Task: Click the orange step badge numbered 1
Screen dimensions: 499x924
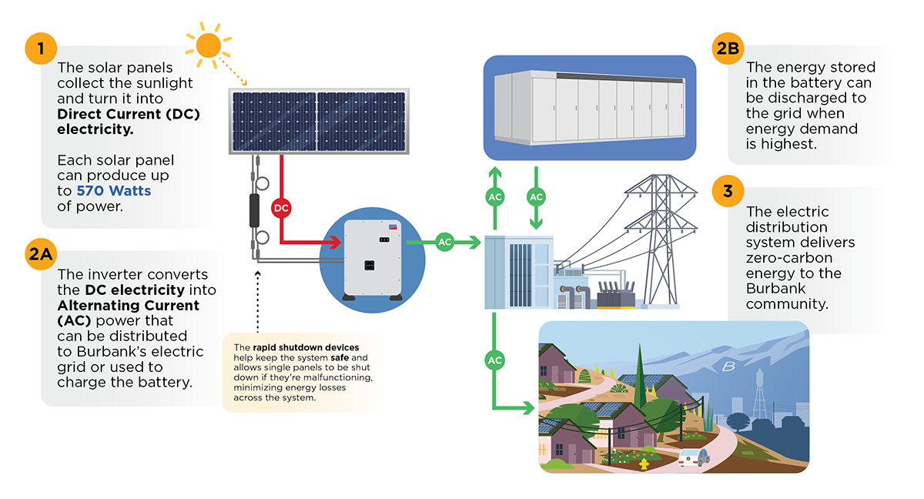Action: [x=41, y=50]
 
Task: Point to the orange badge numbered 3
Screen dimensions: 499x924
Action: [x=728, y=190]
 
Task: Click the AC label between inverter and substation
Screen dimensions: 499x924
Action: [x=444, y=242]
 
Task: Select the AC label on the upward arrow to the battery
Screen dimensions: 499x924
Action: [x=495, y=197]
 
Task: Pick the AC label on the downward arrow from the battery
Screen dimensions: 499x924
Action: [x=537, y=197]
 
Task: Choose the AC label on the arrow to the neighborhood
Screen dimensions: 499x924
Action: [x=495, y=360]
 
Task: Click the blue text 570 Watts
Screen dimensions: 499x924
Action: [x=114, y=191]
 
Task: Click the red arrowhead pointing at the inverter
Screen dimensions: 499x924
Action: [x=336, y=242]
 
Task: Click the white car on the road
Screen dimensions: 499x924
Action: [x=693, y=457]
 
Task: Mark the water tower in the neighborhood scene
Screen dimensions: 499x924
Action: [x=758, y=393]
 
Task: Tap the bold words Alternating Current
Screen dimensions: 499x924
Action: [x=129, y=306]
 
